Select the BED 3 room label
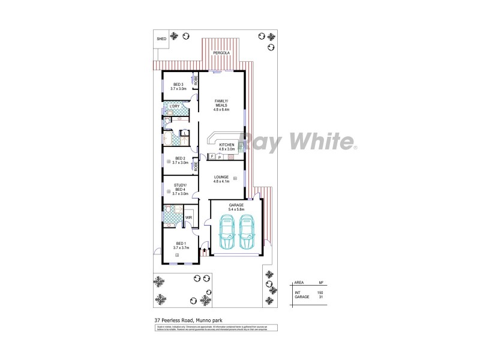178,84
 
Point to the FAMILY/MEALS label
222,102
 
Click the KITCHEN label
226,146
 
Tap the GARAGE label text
236,205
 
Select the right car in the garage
248,233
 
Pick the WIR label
188,218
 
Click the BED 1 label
181,242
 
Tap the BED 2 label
180,158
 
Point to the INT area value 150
320,292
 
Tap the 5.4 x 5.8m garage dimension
236,209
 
